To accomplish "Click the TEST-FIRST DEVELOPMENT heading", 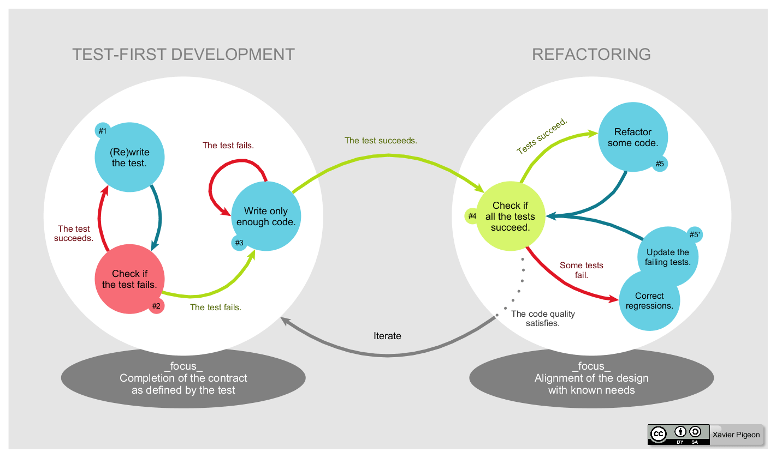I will [x=183, y=55].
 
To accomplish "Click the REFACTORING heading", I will [x=591, y=55].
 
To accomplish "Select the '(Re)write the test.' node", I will [x=129, y=158].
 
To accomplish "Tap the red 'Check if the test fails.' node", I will [x=129, y=279].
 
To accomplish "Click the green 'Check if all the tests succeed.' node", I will [x=510, y=216].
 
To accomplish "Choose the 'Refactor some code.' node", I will [x=633, y=137].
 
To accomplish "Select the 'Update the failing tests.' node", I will [x=667, y=257].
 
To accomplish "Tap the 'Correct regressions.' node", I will [x=649, y=301].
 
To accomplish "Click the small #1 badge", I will [x=102, y=131].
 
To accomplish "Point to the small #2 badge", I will [x=156, y=306].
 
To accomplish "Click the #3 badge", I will [x=239, y=243].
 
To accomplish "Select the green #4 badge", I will [x=472, y=216].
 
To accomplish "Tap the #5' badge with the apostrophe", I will [x=695, y=234].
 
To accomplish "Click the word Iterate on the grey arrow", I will [x=387, y=336].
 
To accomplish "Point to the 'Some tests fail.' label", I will [x=581, y=270].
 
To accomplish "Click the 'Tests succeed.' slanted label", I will [x=542, y=136].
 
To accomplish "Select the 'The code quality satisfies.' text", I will [x=542, y=318].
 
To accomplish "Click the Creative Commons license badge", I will [x=678, y=435].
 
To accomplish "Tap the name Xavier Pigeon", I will [x=736, y=435].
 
